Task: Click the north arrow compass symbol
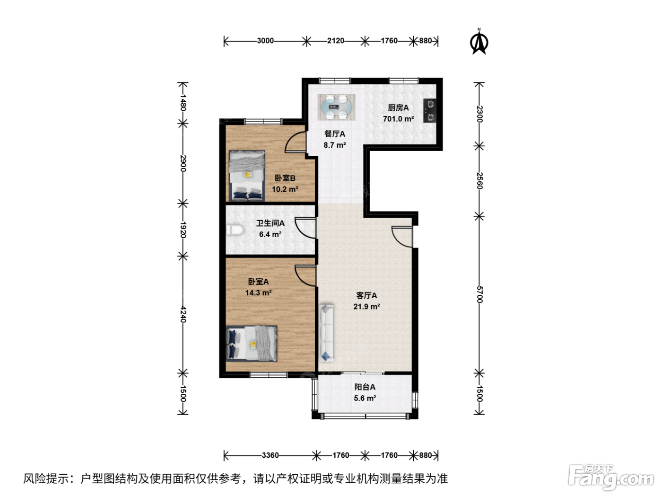[479, 42]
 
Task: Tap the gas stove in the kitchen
[430, 111]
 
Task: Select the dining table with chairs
[336, 107]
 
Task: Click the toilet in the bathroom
[235, 230]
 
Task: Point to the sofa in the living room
[327, 333]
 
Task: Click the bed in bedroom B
[247, 176]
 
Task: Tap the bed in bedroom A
[252, 344]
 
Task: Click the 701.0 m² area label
[398, 119]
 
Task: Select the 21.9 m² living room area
[366, 307]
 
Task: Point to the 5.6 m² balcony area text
[365, 398]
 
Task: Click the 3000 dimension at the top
[265, 41]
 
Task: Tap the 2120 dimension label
[335, 41]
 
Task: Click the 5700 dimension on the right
[479, 294]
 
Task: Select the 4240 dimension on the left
[183, 314]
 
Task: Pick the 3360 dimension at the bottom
[270, 455]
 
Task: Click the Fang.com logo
[611, 477]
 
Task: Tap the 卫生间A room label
[270, 223]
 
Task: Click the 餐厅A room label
[334, 134]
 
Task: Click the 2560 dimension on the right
[479, 181]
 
